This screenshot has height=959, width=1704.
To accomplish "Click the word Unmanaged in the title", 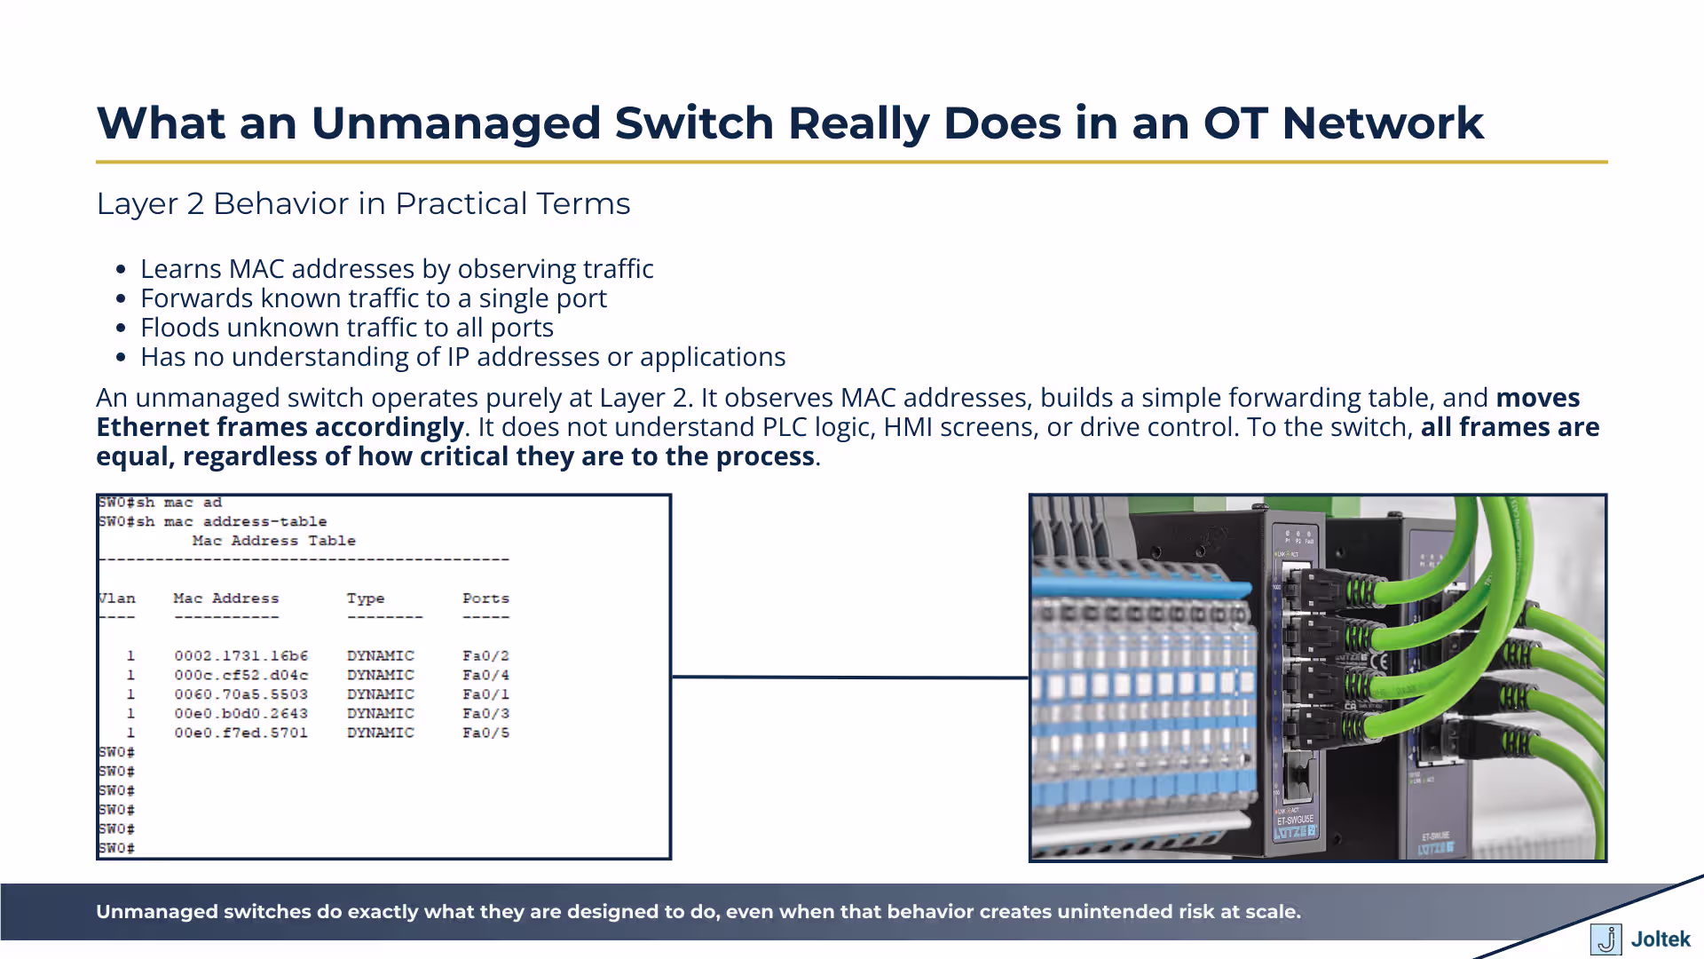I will [x=455, y=123].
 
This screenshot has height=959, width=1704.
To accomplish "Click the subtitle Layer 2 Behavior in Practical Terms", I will [x=363, y=203].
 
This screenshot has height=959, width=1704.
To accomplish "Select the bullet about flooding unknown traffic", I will [x=346, y=328].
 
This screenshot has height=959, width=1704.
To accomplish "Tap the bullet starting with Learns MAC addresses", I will [x=397, y=269].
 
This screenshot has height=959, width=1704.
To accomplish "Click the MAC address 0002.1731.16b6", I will [x=241, y=656].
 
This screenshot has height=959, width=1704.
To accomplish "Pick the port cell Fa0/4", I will [x=485, y=676].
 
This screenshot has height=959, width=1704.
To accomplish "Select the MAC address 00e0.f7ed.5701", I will [x=241, y=733].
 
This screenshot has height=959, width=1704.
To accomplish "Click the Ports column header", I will [x=485, y=598].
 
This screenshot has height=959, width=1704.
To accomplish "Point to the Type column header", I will [x=365, y=598].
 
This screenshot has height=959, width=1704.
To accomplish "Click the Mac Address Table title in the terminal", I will [x=273, y=541].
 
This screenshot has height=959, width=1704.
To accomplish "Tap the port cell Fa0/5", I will [x=485, y=733].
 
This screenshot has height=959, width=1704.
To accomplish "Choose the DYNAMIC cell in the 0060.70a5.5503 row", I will [x=380, y=694].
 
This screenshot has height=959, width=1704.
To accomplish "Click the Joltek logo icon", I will [x=1605, y=939].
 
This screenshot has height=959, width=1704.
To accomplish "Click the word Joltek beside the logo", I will [x=1661, y=939].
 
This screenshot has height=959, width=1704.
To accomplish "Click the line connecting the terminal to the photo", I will [x=849, y=678].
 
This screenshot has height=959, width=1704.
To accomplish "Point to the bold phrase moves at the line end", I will [x=1537, y=398].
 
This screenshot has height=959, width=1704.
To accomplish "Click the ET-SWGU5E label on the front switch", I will [x=1295, y=820].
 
